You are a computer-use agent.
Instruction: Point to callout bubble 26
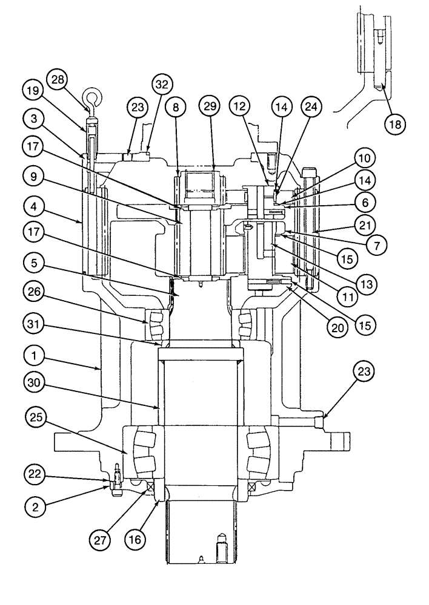tap(35, 292)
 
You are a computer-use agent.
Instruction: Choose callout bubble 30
tap(35, 382)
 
